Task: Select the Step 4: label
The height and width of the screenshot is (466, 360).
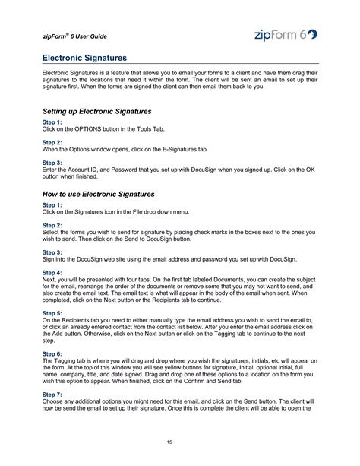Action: pos(52,271)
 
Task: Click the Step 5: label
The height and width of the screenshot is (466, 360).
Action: pos(52,312)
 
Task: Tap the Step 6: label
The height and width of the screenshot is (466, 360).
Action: pos(52,353)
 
